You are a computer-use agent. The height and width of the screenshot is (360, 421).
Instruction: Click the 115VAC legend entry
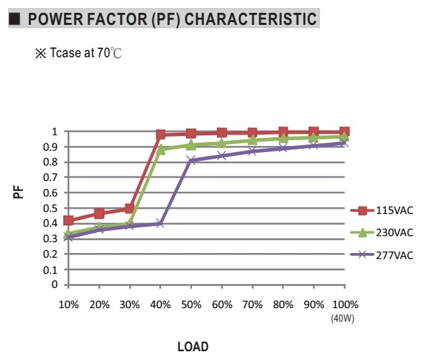[381, 211]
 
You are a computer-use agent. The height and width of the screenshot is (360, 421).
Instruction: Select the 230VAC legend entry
[381, 232]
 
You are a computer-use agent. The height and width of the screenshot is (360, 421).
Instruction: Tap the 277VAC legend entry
[381, 255]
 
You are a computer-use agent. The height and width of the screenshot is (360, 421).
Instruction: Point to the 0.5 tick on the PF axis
[51, 208]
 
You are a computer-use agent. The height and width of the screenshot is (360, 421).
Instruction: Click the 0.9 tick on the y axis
[51, 147]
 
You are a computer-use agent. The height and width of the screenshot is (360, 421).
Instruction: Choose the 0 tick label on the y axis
[55, 285]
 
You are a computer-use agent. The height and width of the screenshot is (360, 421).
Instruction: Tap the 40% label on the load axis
[160, 305]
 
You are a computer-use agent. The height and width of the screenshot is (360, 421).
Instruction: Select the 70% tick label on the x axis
[253, 305]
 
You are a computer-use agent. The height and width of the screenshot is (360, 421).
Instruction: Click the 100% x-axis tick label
[345, 305]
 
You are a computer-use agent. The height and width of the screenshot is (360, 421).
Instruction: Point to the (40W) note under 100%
[343, 318]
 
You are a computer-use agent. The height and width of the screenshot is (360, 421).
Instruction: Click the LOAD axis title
[193, 347]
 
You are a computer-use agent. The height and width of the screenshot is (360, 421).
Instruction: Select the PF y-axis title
[18, 192]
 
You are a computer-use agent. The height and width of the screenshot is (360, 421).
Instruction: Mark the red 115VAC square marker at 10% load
[69, 221]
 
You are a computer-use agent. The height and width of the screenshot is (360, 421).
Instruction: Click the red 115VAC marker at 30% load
[129, 208]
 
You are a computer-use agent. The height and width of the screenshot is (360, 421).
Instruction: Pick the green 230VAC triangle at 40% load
[160, 149]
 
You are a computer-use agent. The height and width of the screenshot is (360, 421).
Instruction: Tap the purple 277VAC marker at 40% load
[160, 223]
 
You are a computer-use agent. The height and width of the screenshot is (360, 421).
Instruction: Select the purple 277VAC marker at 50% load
[191, 161]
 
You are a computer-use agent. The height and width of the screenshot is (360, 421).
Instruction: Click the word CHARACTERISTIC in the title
[251, 19]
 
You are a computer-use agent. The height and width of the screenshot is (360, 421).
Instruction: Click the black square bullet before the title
[14, 19]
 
